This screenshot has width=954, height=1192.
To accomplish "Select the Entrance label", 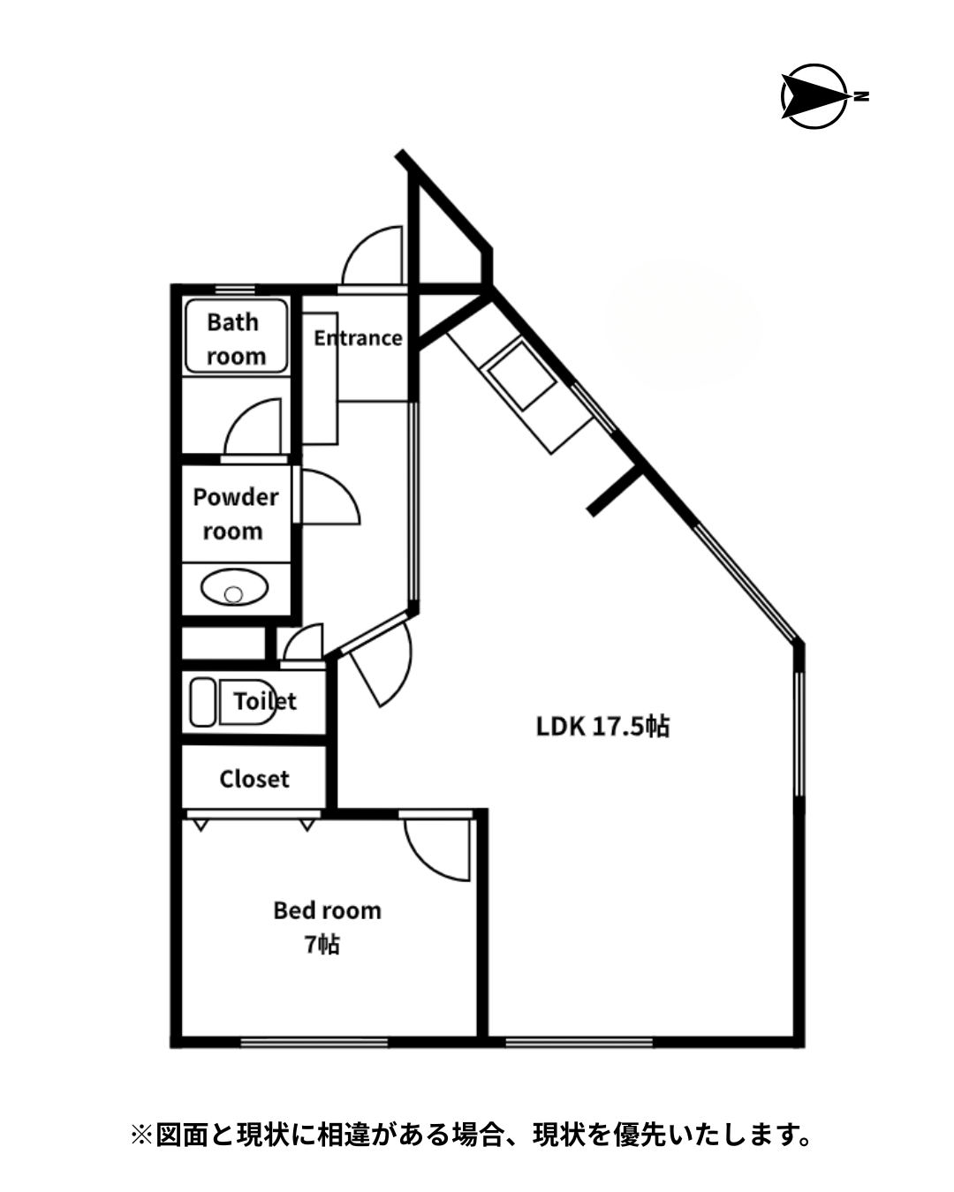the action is [x=358, y=338].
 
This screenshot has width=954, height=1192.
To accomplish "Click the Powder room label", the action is [x=235, y=514].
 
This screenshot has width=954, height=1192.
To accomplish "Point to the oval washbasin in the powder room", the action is [x=234, y=587].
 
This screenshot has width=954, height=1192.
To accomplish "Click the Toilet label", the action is [x=265, y=701].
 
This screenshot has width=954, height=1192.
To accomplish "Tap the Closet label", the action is [x=254, y=779].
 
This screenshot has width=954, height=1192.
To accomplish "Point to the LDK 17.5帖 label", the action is [x=602, y=726].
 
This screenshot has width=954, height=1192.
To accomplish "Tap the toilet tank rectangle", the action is [x=202, y=702].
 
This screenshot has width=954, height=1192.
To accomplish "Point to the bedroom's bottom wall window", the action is [x=314, y=1043].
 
